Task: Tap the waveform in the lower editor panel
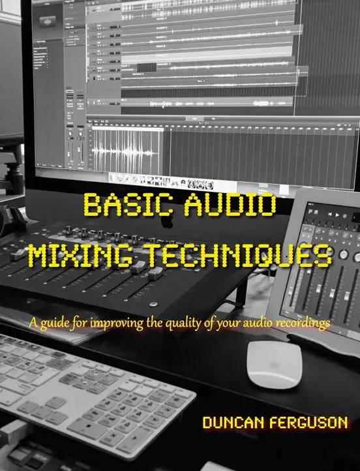124,146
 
